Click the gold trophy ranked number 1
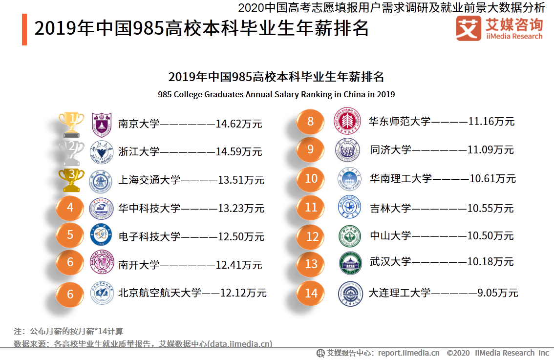[71, 123]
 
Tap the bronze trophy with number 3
[71, 180]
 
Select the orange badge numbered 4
[70, 208]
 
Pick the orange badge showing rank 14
[311, 293]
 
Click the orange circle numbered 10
[311, 179]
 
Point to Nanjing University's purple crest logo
[102, 124]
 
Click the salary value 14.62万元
[239, 124]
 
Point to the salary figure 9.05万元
[497, 293]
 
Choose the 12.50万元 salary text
[241, 237]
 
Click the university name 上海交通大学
[149, 180]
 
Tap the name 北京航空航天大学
[160, 293]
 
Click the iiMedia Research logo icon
[468, 29]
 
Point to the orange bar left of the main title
[24, 30]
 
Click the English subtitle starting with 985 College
[276, 94]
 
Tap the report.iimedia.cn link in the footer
[408, 353]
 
